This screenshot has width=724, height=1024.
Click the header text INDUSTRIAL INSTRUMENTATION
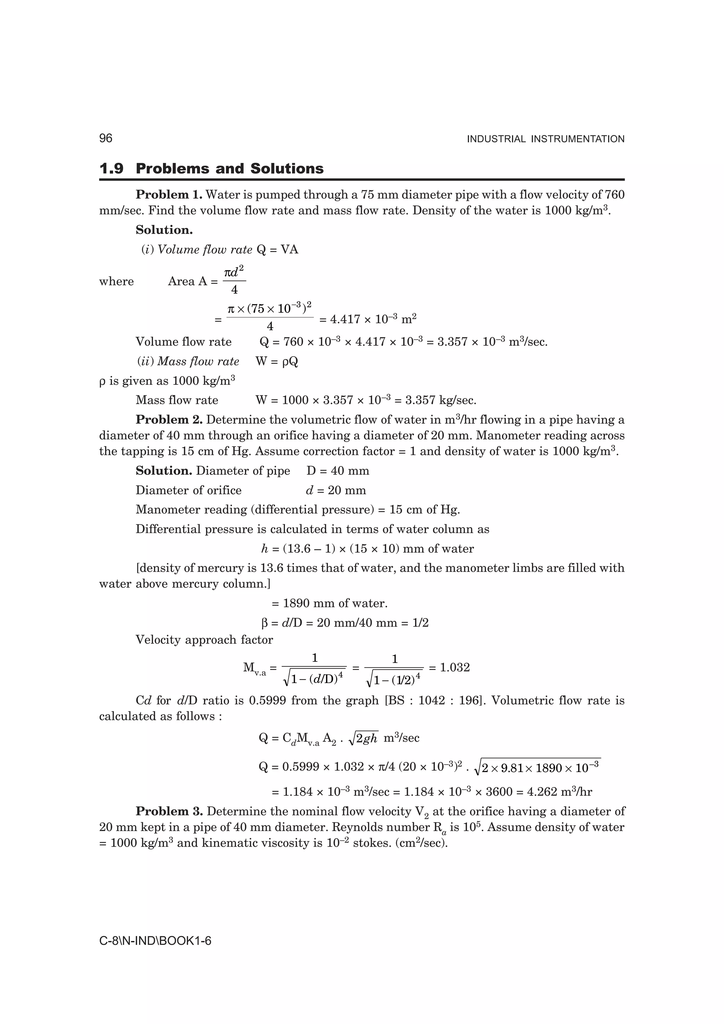[545, 139]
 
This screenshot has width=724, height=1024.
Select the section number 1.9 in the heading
[111, 169]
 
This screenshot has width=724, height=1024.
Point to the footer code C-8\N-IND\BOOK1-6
[155, 941]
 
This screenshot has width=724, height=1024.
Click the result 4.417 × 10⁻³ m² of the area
[368, 319]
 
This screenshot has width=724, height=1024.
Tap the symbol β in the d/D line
[264, 623]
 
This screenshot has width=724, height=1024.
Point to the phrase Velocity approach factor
[204, 640]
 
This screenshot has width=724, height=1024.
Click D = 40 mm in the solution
[338, 471]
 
